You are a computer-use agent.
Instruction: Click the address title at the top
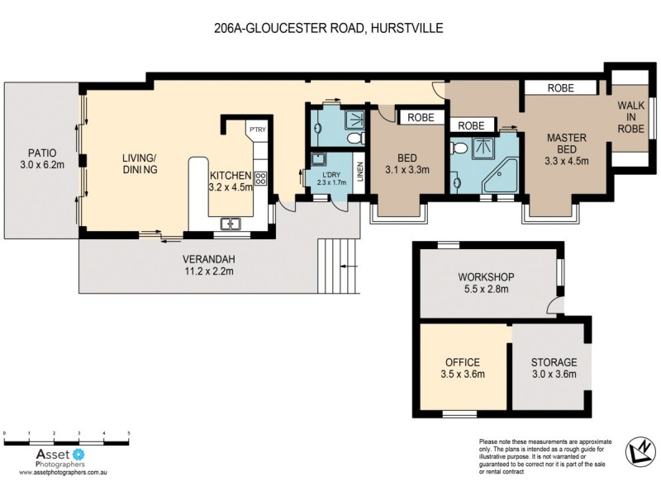(328, 28)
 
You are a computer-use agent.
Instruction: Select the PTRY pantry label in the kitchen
(254, 130)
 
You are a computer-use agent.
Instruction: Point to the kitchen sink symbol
(229, 223)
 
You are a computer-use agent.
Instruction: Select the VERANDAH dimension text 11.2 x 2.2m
(208, 270)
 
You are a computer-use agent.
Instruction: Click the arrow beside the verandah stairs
(350, 266)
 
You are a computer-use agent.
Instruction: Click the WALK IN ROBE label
(632, 116)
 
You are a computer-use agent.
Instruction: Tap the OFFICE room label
(463, 368)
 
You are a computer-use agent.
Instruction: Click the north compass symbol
(635, 450)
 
